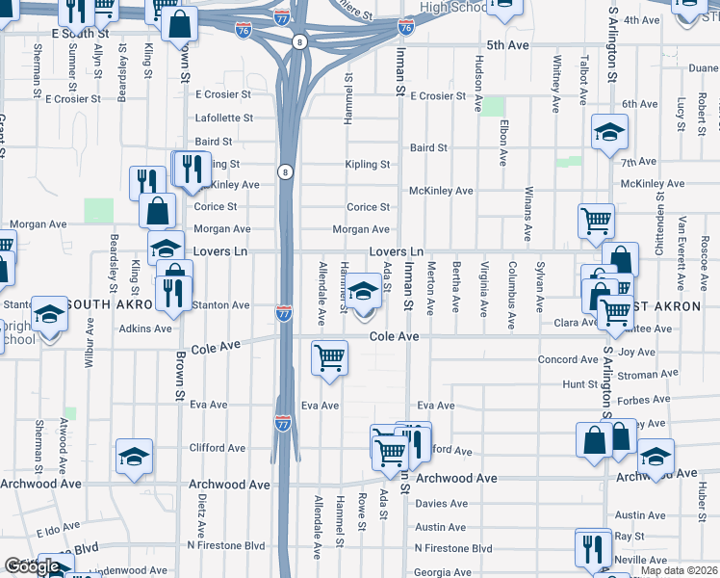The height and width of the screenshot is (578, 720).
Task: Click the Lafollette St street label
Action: pos(224,118)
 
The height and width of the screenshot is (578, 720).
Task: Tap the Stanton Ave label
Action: pos(222,305)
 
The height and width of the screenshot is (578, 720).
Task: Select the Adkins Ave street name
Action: pos(146,328)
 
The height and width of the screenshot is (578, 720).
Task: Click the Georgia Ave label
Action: pos(443,572)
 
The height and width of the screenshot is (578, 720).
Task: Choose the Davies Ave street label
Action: pos(442,503)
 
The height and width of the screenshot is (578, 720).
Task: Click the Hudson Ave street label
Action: pos(478,84)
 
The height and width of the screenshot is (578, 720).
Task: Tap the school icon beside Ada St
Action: pos(364,291)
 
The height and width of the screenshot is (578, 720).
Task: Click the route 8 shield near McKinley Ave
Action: pos(285,171)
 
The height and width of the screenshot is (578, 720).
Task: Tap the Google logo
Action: pos(32,566)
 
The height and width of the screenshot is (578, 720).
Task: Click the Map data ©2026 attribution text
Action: pos(680,570)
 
